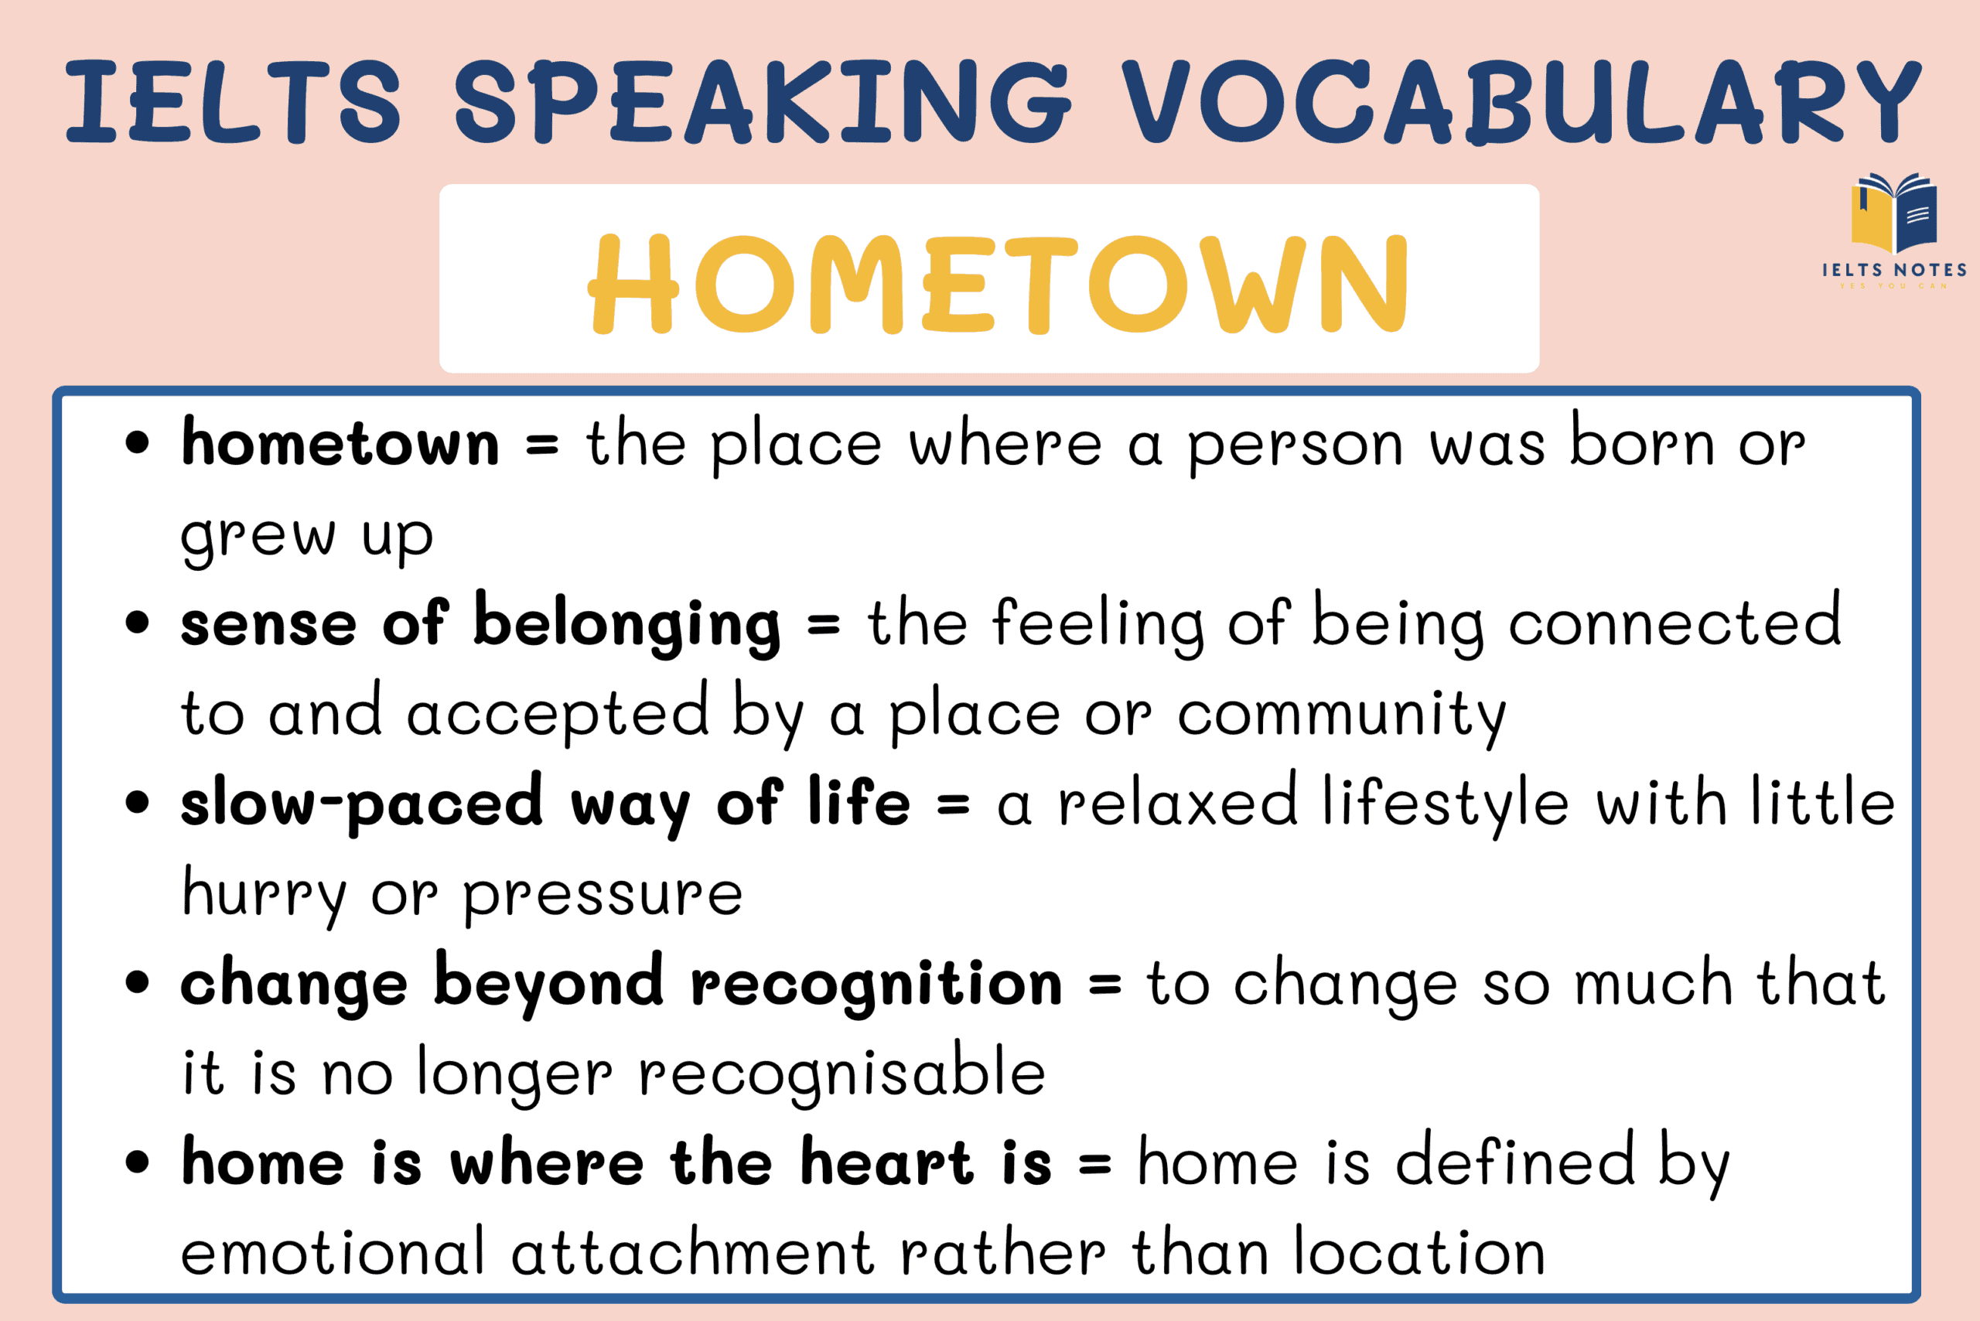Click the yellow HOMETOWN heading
999,284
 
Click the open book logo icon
1893,212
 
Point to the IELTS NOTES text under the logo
1894,271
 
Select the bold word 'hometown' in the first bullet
340,444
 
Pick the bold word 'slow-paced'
362,804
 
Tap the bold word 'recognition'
876,984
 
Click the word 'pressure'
603,896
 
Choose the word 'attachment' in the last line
691,1254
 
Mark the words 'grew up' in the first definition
308,536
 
